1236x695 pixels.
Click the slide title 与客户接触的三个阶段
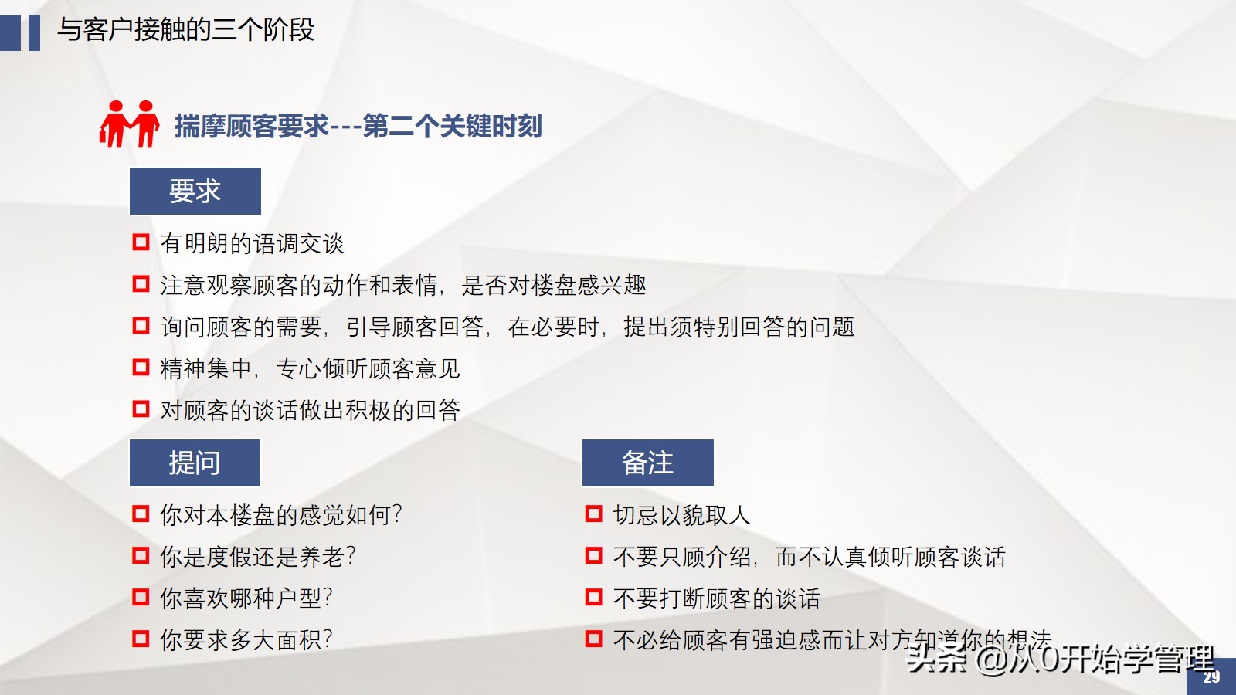(185, 30)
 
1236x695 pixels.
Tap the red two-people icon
(129, 124)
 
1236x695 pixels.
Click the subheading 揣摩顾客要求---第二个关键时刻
(358, 126)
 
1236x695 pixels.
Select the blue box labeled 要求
(195, 191)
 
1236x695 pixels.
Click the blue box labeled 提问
(195, 463)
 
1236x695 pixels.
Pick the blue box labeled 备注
(647, 463)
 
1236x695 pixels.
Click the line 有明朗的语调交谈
(252, 243)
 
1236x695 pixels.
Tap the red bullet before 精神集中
(141, 367)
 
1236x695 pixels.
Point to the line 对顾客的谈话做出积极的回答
(310, 409)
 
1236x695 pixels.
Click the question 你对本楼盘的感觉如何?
(280, 514)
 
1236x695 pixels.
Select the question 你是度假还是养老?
(257, 556)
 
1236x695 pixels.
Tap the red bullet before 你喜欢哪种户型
(141, 597)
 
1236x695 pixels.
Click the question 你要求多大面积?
(246, 639)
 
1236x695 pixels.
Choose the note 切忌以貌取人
(681, 514)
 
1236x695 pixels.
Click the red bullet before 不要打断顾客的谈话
(593, 597)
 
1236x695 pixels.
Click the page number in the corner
(1211, 677)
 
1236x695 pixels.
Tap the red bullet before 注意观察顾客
(141, 284)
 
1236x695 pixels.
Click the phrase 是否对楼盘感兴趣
(553, 285)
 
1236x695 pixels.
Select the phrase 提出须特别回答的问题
(739, 327)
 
